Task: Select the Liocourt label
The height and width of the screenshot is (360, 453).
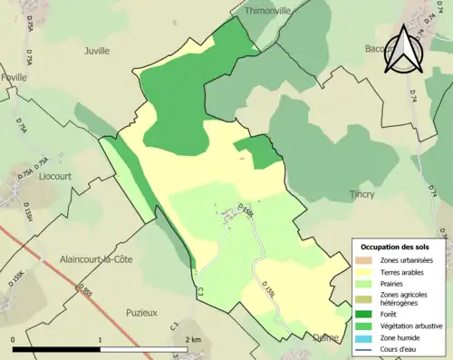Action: tap(58, 176)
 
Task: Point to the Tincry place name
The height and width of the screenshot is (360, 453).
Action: tap(362, 194)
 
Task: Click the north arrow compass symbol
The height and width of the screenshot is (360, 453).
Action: tap(404, 49)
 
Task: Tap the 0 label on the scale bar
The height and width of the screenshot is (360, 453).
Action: tap(13, 339)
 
